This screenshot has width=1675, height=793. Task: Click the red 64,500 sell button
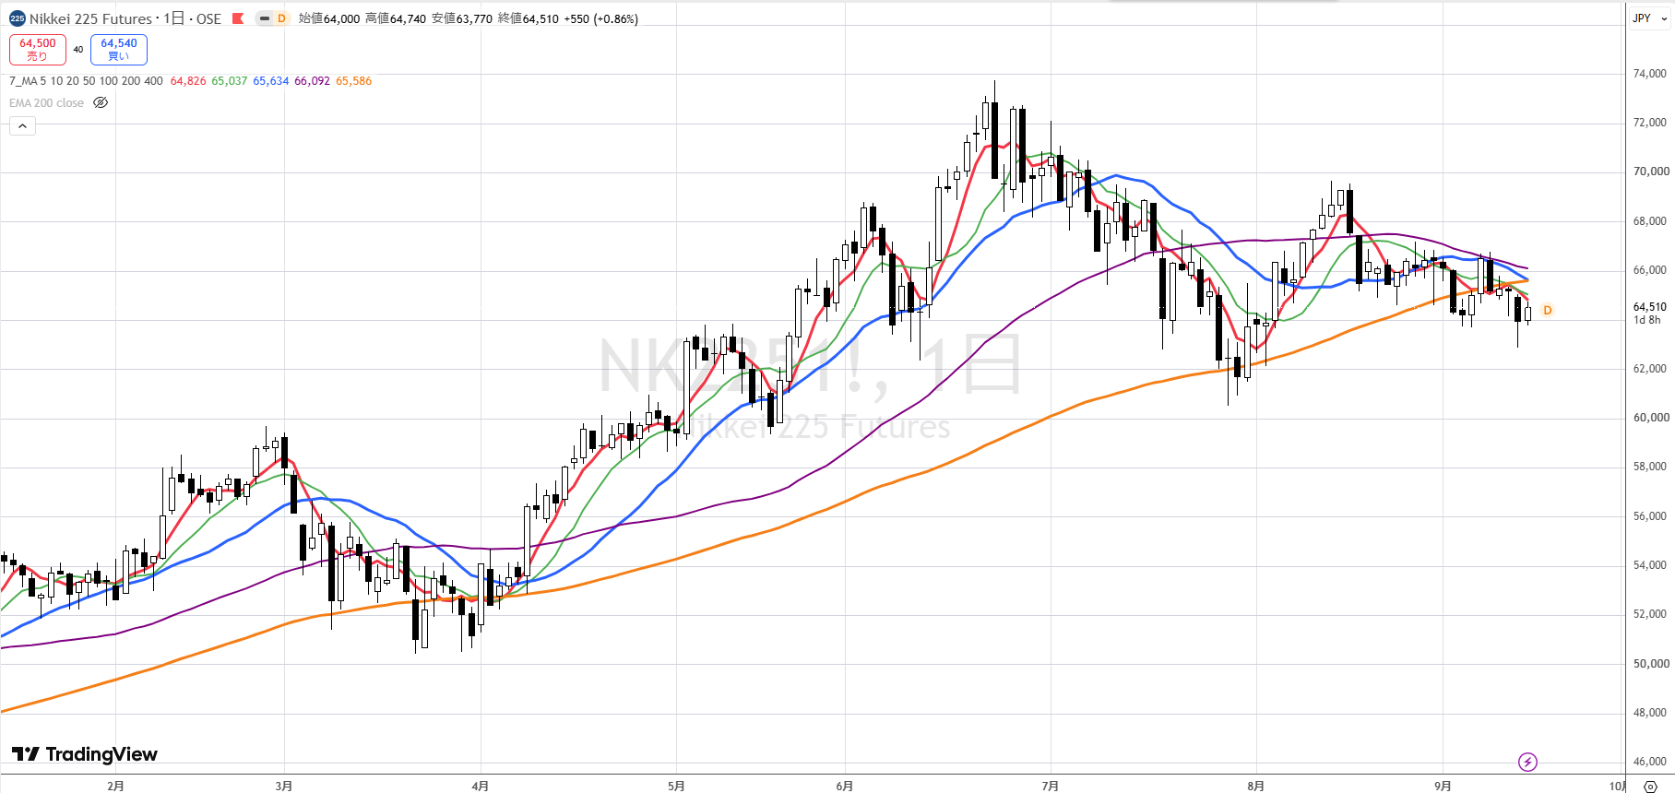click(38, 50)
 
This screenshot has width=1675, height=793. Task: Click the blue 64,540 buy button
click(119, 50)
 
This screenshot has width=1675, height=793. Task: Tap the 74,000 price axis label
click(1649, 74)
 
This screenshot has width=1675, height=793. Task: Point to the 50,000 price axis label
click(1649, 664)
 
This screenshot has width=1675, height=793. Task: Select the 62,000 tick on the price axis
click(1649, 369)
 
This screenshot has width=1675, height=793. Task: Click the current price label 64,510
click(1649, 307)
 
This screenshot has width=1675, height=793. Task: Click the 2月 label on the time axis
click(115, 786)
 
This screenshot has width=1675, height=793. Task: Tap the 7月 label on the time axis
click(1050, 786)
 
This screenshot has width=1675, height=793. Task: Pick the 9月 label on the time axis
click(1443, 786)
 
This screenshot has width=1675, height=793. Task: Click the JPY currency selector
click(1649, 18)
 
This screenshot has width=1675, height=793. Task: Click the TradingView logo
click(85, 754)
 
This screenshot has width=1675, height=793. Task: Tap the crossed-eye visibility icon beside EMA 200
click(101, 103)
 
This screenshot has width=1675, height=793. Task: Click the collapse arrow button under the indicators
click(22, 125)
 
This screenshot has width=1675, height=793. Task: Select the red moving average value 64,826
click(188, 81)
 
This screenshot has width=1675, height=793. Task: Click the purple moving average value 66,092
click(312, 81)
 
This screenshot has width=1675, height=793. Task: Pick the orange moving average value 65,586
click(354, 81)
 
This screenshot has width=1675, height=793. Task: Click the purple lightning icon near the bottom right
click(1527, 762)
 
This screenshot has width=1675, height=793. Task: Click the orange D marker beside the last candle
click(1548, 311)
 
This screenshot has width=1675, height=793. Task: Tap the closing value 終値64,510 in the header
click(529, 18)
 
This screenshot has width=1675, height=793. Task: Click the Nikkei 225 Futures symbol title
click(90, 18)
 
